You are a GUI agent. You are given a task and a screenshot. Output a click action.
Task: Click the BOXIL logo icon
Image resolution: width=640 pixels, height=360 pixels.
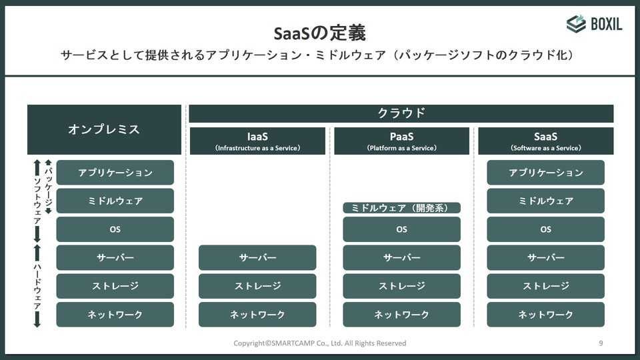point(576,24)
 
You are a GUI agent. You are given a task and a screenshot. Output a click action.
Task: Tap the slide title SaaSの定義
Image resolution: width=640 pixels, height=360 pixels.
point(319,33)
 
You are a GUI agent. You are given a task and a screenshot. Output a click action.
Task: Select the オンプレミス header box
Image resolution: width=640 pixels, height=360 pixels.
point(104,129)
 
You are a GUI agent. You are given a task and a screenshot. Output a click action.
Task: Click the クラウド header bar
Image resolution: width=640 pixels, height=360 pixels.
point(401,113)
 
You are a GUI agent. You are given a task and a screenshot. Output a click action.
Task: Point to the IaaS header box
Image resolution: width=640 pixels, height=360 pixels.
point(257,141)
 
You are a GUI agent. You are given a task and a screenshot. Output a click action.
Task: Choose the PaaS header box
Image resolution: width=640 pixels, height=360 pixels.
point(401,141)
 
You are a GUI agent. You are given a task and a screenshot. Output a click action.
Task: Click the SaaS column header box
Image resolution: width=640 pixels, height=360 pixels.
point(546,141)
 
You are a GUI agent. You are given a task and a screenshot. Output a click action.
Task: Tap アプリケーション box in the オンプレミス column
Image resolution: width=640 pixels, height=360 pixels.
point(115,172)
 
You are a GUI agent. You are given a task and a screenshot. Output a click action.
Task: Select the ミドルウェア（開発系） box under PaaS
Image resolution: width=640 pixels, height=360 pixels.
point(401,208)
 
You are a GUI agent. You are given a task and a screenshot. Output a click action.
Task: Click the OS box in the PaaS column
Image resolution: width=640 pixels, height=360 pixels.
point(401,229)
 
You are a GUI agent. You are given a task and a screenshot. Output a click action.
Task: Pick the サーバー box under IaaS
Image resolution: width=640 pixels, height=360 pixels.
point(257,257)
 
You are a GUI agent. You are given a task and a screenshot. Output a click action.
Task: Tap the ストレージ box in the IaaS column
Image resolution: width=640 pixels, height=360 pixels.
point(257,286)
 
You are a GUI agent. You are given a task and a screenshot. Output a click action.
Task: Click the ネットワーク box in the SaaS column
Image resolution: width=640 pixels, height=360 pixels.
point(546,314)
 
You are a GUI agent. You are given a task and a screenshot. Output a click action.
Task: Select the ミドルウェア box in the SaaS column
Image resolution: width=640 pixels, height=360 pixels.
point(546,201)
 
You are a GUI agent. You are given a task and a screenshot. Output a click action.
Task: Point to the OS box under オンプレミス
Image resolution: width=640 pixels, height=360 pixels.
point(115,229)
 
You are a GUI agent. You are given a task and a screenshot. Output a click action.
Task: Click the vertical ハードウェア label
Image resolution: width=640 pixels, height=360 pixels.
point(37,286)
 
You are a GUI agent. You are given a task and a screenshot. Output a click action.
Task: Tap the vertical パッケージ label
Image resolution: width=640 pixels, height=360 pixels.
point(49,186)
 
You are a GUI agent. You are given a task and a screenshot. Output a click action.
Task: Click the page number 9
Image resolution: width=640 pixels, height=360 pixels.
point(601,343)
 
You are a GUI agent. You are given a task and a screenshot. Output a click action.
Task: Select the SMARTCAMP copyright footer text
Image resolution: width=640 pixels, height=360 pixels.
point(319,343)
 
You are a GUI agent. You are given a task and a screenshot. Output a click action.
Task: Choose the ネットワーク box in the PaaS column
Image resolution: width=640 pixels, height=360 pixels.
point(401,314)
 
